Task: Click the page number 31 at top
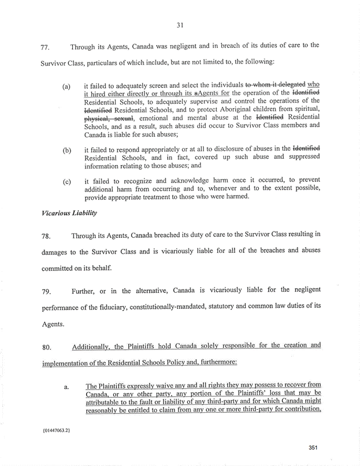point(180,24)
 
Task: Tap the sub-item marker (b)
point(66,152)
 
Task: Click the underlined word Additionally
point(95,346)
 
